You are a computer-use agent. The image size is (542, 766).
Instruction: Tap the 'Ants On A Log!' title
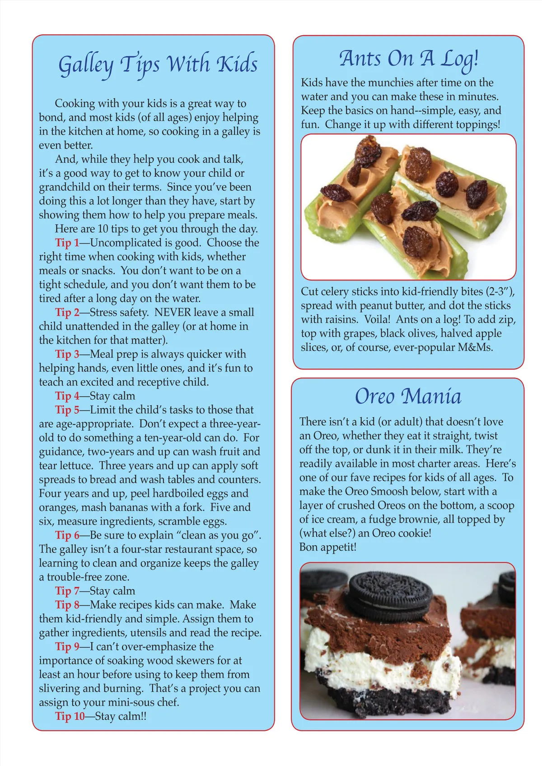pos(408,59)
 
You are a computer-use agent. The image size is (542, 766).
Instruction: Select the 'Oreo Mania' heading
pos(408,397)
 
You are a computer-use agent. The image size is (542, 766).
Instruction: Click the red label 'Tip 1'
pos(67,243)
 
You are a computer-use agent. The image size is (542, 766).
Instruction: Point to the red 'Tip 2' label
pos(67,312)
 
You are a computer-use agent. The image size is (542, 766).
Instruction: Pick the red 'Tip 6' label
pos(67,535)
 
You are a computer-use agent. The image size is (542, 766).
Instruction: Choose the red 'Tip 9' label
pos(67,647)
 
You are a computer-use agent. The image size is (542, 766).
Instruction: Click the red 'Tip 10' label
pos(70,716)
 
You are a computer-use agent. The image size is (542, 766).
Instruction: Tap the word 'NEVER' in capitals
pos(174,312)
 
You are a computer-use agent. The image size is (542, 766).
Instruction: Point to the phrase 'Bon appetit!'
pos(328,547)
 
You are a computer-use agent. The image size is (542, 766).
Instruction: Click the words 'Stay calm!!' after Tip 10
pos(121,716)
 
